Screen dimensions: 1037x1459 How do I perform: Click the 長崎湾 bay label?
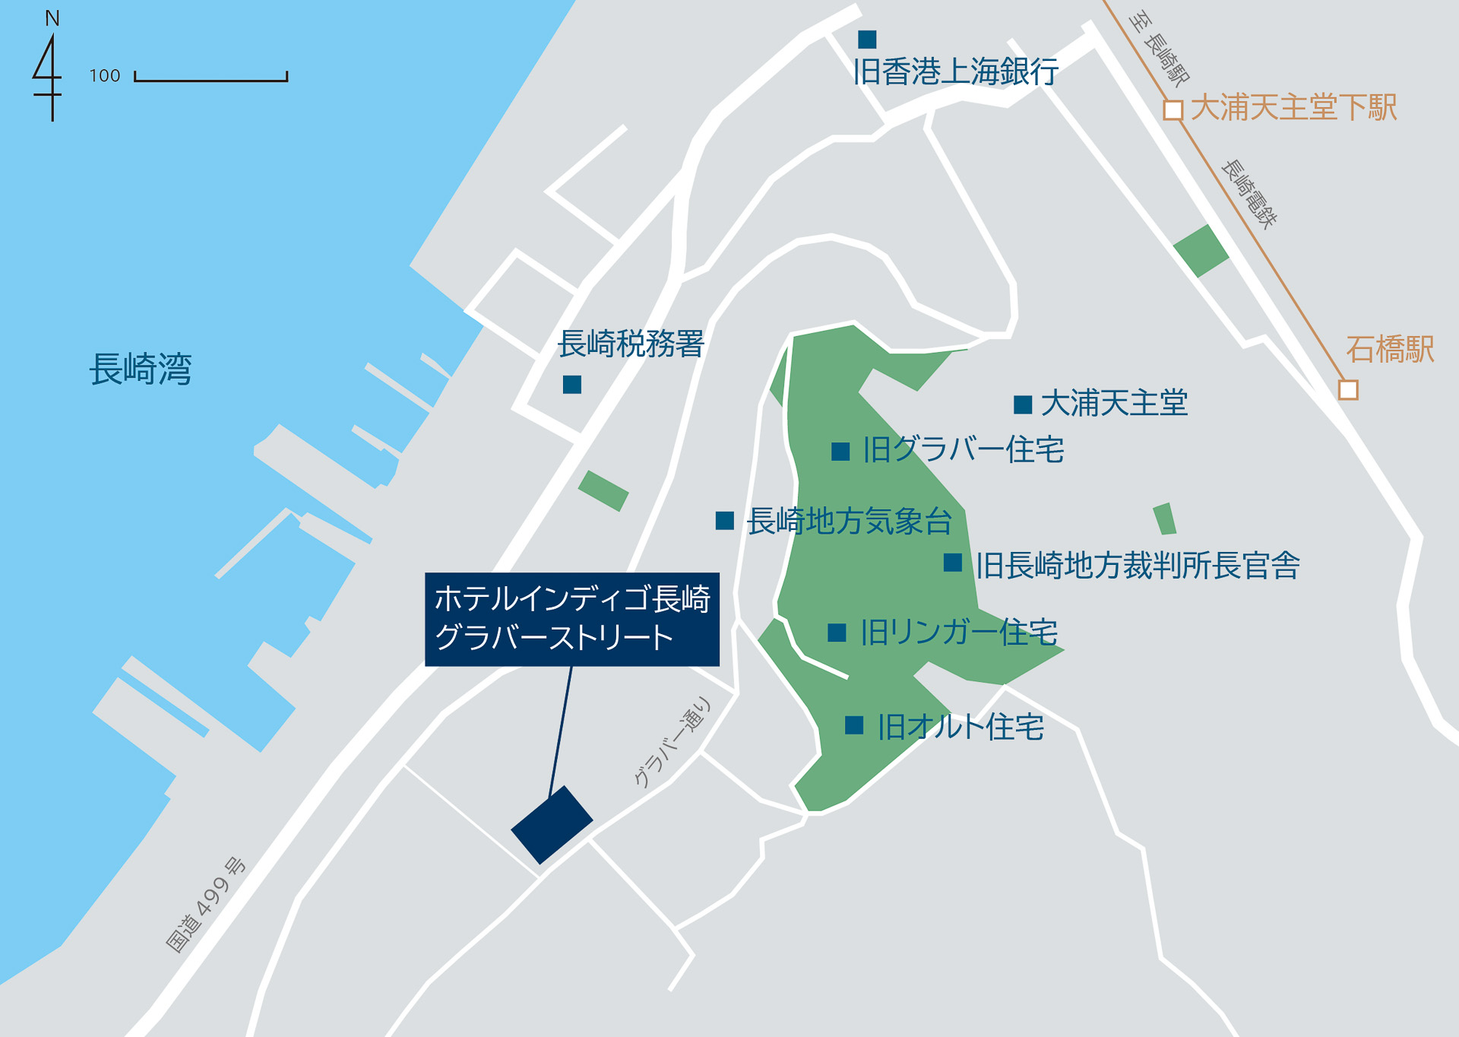click(x=141, y=369)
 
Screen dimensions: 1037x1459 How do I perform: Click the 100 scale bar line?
click(x=210, y=79)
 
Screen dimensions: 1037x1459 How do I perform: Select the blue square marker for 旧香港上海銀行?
click(x=867, y=40)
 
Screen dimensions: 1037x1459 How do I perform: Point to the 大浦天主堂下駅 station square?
click(x=1173, y=110)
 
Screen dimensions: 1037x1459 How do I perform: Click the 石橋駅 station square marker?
click(x=1348, y=390)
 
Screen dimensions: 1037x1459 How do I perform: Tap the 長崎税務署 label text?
click(x=631, y=344)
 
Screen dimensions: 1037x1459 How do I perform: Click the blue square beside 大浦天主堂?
click(x=1023, y=404)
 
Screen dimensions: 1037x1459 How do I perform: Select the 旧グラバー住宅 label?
click(x=963, y=450)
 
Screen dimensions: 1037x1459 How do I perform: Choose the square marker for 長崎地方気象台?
click(x=725, y=521)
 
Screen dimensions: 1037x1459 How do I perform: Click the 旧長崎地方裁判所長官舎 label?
click(x=1138, y=566)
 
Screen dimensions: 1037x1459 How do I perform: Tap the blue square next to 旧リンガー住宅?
click(x=837, y=633)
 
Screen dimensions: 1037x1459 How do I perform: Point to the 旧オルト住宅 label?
click(x=961, y=727)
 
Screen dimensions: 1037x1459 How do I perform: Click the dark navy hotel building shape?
click(x=552, y=825)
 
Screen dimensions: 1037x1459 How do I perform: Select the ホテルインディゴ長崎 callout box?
click(x=571, y=619)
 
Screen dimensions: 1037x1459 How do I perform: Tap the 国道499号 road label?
click(x=205, y=905)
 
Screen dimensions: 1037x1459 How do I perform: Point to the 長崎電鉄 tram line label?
click(x=1249, y=194)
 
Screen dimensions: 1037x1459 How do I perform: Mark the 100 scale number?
click(x=105, y=76)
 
